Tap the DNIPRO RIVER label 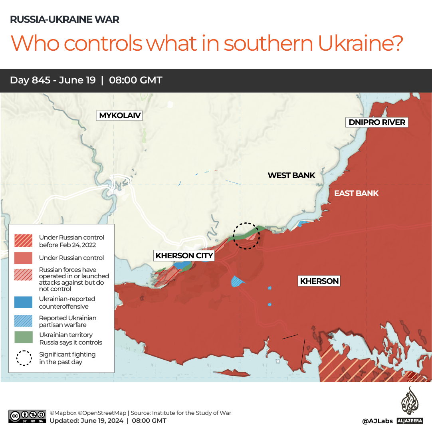[x=377, y=122]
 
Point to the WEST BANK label [x=291, y=175]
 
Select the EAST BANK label [x=356, y=194]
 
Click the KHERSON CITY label [x=184, y=256]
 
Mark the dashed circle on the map [x=247, y=236]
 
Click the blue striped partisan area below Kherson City [x=238, y=281]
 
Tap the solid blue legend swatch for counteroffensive [x=24, y=302]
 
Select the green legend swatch [x=24, y=338]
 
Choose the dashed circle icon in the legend [x=24, y=358]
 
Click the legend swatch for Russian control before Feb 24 [x=24, y=240]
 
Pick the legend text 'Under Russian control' [x=71, y=258]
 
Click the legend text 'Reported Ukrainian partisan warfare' [x=67, y=321]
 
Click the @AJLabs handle [x=377, y=421]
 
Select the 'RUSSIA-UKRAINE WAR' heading [x=64, y=19]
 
